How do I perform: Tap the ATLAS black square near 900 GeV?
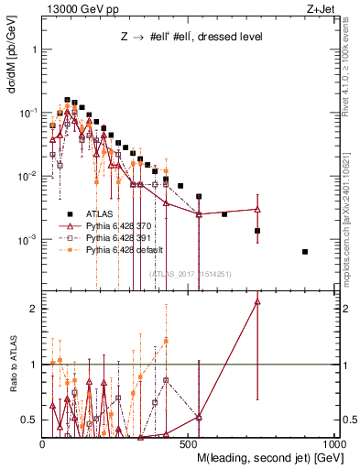coord(305,252)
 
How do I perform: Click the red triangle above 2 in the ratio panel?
coord(257,300)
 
